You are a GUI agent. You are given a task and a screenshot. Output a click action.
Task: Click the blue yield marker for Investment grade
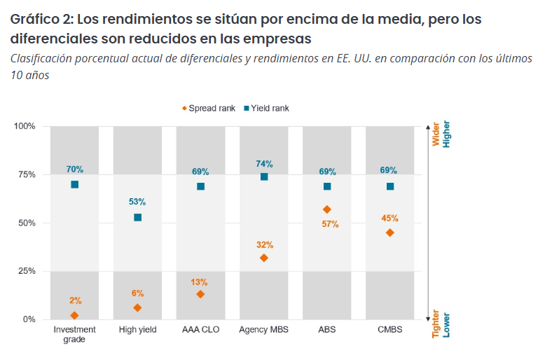[x=75, y=184]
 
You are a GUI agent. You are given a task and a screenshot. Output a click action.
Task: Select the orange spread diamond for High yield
[x=137, y=307]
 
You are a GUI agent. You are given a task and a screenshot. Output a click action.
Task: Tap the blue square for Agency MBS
[x=264, y=176]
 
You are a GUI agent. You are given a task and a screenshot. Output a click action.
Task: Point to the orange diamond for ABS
[x=327, y=209]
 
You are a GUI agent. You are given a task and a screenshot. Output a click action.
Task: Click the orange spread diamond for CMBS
[x=390, y=233]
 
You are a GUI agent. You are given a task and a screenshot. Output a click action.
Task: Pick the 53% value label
[x=137, y=202]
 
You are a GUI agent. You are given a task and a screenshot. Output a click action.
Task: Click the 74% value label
[x=264, y=164]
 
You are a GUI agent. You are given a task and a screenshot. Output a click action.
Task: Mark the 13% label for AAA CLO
[x=199, y=282]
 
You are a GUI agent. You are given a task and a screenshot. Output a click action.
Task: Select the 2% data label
[x=75, y=300]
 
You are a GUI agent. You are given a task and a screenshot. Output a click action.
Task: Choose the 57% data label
[x=330, y=224]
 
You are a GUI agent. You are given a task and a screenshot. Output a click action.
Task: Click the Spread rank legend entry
[x=209, y=109]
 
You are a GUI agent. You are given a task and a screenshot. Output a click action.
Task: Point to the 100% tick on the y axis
[x=24, y=126]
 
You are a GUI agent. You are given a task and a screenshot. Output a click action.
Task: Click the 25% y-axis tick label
[x=26, y=271]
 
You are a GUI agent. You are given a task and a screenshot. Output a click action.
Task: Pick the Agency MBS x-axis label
[x=263, y=329]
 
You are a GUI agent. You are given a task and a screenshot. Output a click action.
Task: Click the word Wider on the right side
[x=436, y=135]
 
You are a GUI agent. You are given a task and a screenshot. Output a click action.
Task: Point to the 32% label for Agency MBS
[x=264, y=245]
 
